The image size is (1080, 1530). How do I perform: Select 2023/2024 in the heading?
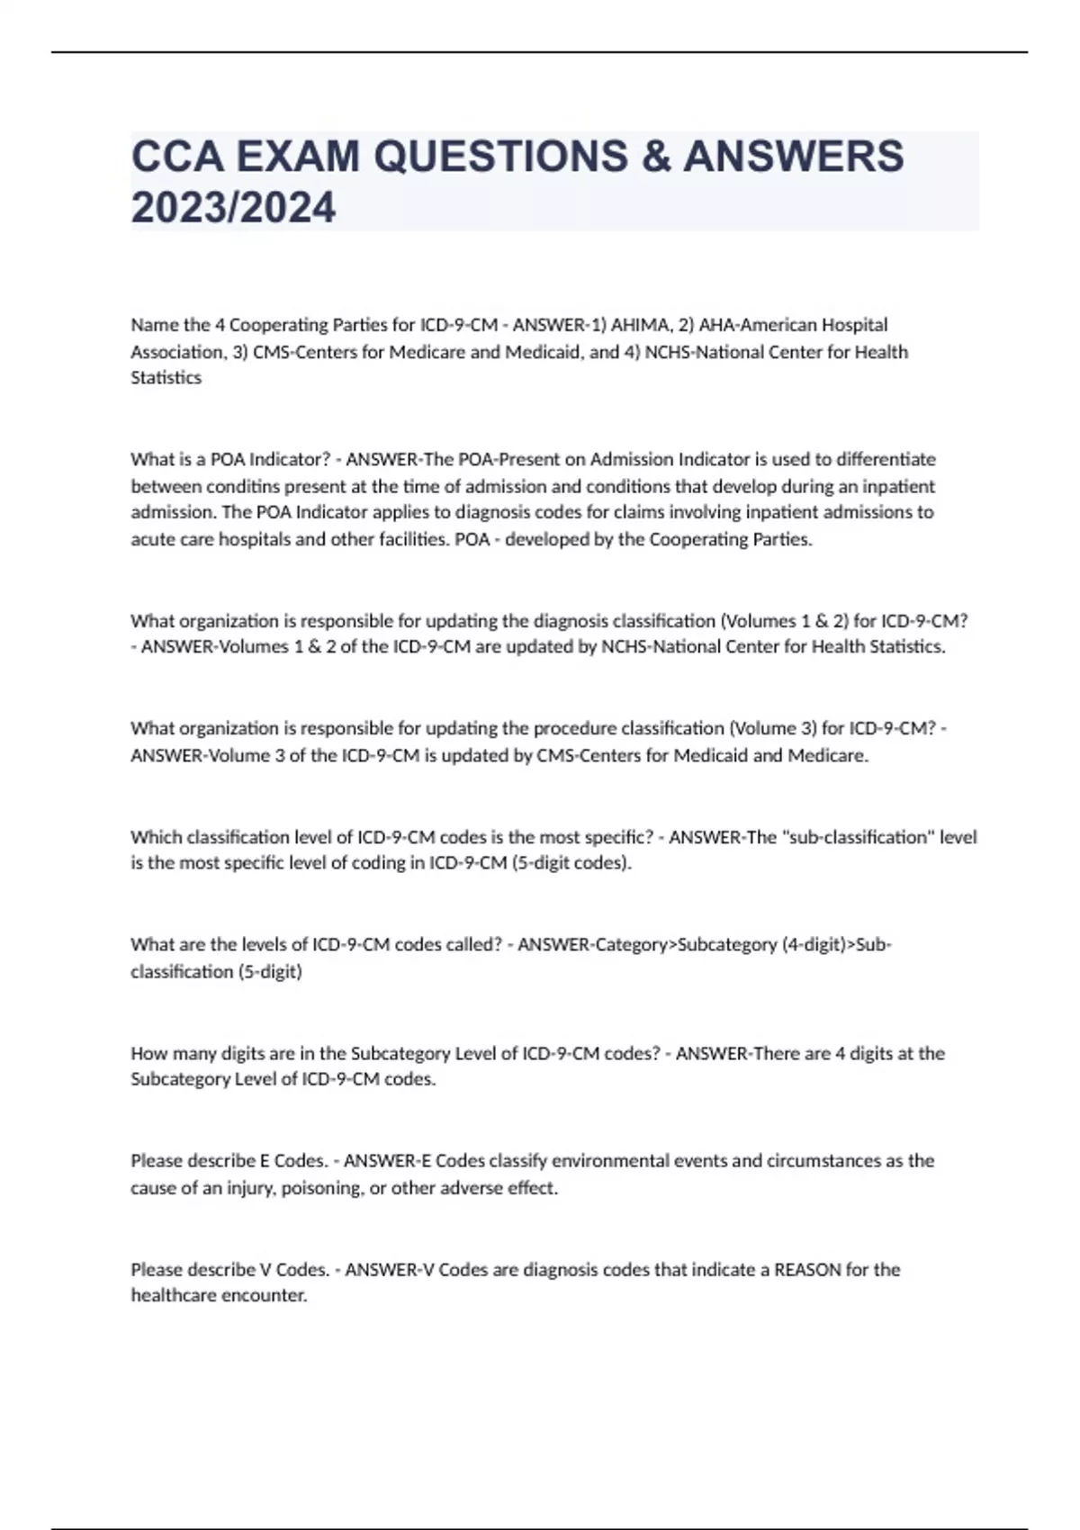(x=233, y=208)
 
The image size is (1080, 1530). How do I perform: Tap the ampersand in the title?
(x=656, y=157)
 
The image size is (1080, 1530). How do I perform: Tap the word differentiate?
(x=886, y=460)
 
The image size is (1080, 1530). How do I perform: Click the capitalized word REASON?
(x=807, y=1270)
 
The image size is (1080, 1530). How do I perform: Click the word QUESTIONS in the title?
(x=501, y=157)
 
